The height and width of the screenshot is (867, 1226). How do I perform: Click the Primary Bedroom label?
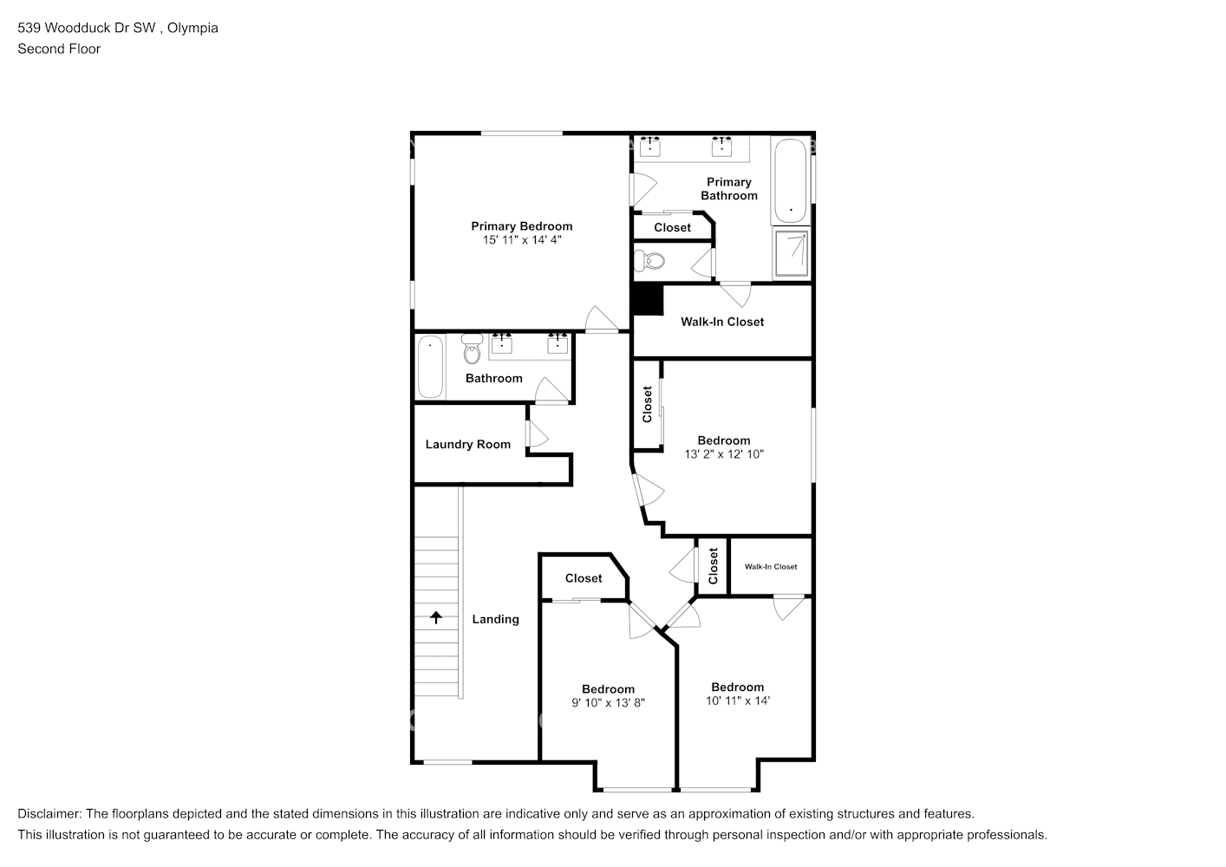[521, 226]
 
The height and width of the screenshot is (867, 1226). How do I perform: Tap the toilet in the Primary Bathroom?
[649, 260]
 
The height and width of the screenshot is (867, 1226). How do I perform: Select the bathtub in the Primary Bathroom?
[790, 180]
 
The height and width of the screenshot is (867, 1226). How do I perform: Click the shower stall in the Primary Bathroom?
[792, 253]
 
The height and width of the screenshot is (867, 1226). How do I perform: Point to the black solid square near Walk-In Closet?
[647, 300]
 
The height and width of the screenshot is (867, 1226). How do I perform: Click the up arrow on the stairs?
[436, 618]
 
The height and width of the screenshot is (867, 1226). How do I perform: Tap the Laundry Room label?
[467, 444]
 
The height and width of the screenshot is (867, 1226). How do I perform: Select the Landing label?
[495, 619]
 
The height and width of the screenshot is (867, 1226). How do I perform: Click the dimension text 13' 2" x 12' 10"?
[724, 453]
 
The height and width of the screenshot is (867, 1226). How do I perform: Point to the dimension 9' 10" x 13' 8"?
[608, 702]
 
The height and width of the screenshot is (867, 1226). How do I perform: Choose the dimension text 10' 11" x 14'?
[738, 700]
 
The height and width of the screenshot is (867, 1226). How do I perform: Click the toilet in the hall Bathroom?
[472, 349]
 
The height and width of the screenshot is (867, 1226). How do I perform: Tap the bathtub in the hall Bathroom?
[430, 367]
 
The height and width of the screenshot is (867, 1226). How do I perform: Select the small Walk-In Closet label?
[771, 566]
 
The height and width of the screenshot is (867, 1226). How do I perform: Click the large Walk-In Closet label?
[722, 322]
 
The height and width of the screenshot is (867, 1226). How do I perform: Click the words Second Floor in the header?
[59, 49]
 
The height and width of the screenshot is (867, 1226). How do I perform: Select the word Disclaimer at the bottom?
[49, 813]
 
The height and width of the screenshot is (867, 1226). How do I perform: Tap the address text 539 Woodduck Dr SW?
[87, 28]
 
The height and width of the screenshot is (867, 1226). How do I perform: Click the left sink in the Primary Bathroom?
[649, 148]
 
